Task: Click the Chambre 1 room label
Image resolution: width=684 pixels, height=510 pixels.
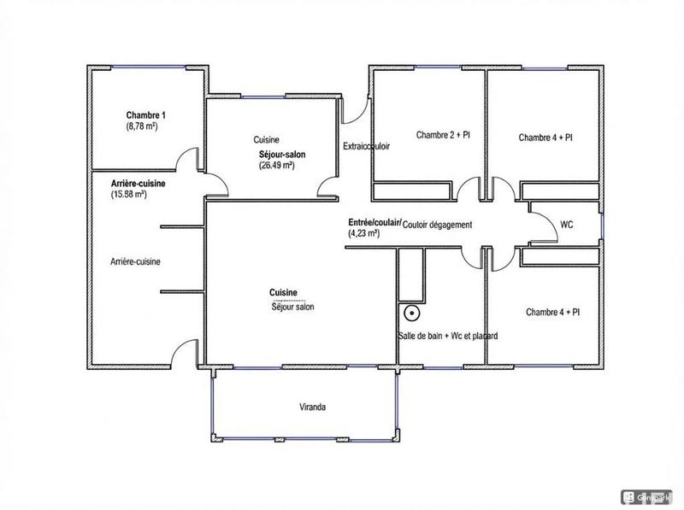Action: coord(145,115)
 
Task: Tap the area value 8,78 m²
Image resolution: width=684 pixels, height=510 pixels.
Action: coord(142,126)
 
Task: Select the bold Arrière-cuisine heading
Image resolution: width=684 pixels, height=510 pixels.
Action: coord(138,184)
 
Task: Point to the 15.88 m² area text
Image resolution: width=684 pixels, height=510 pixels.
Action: coord(129,194)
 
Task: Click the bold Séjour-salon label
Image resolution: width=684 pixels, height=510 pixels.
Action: coord(283,155)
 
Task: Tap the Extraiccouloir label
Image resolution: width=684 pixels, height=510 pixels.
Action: coord(366,146)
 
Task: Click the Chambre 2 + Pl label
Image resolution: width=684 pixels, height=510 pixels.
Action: coord(443,135)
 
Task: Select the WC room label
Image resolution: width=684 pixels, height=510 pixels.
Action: coord(566,225)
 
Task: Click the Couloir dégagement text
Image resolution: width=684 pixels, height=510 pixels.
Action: coord(437,225)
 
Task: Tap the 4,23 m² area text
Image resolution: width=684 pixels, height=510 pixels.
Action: coord(363,232)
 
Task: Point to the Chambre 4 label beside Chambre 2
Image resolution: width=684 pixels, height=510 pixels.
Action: coord(545,137)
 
